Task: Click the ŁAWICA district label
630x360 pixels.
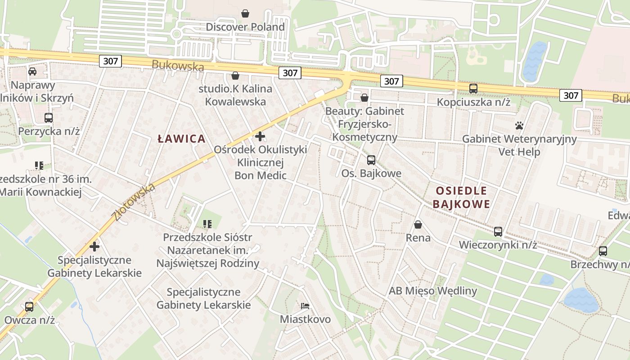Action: (182, 139)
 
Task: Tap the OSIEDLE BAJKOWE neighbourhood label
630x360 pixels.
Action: (461, 197)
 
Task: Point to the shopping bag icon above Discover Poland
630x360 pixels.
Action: (245, 13)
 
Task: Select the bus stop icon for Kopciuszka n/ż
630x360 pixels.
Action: (473, 89)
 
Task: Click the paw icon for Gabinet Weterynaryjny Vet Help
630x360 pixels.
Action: (519, 126)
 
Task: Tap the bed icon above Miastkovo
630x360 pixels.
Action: (305, 306)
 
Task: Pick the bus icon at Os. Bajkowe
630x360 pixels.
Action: (371, 160)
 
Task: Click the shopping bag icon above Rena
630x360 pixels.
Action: (418, 224)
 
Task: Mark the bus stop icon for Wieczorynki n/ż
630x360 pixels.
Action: (498, 232)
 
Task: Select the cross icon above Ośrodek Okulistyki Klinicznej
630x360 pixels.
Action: (260, 136)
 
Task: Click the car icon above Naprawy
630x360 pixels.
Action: (32, 72)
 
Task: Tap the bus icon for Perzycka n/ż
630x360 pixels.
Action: (49, 118)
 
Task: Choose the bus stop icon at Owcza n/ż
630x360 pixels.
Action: (29, 307)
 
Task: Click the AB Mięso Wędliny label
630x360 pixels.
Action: (432, 291)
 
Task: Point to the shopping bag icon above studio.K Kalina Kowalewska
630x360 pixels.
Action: (235, 75)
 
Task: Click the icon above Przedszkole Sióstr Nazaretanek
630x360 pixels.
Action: (207, 224)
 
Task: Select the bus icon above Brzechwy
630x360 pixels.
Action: (603, 251)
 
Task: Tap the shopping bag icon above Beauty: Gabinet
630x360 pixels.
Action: (364, 97)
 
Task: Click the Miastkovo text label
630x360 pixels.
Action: (305, 319)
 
